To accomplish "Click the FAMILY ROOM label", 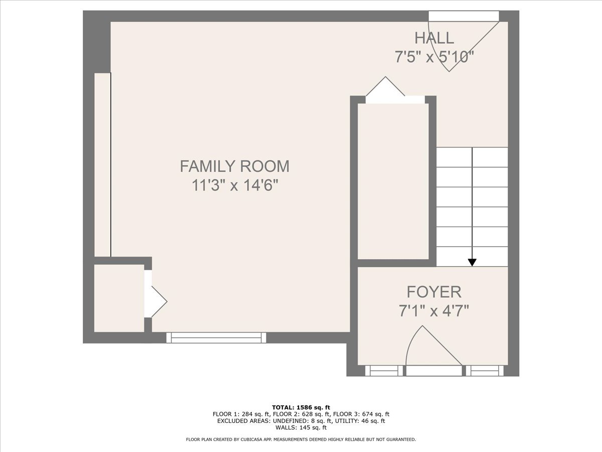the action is coord(234,166).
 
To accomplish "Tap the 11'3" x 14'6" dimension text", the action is coord(235,185).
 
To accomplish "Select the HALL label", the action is coord(434,38).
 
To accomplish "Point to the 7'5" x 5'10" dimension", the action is coord(434,57).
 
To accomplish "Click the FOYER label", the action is coord(434,292).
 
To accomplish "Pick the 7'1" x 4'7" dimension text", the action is coord(434,311).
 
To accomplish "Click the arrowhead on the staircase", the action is coord(472,262).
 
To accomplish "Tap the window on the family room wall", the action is coord(216,337).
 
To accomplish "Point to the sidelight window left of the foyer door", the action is coord(384,371).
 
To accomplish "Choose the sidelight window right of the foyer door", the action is coord(485,371).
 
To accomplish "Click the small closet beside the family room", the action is coord(119,298).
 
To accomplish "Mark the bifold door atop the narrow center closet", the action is coord(395,90).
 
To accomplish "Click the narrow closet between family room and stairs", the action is coord(393,181).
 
